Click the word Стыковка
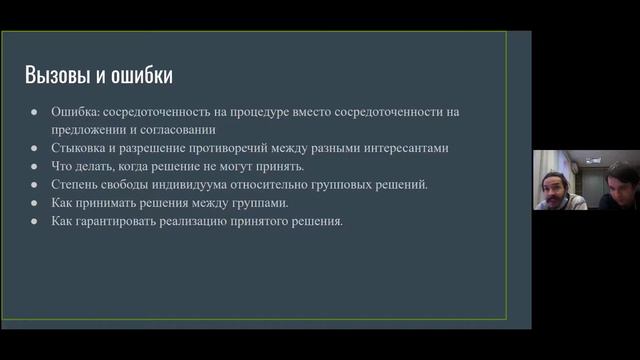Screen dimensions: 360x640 pyautogui.click(x=79, y=147)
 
